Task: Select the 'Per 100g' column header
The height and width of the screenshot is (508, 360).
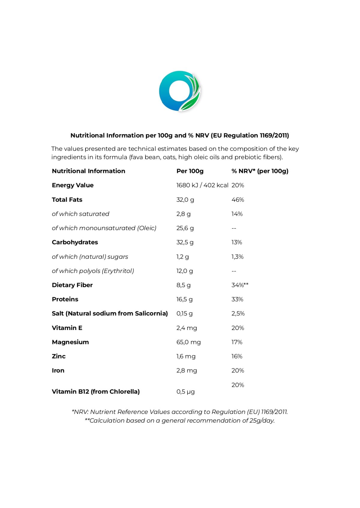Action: pyautogui.click(x=190, y=171)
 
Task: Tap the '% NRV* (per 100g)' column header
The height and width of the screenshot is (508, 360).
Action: pyautogui.click(x=260, y=171)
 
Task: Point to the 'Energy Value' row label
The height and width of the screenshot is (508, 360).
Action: pyautogui.click(x=73, y=185)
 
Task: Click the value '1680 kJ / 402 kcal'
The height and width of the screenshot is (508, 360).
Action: pyautogui.click(x=202, y=185)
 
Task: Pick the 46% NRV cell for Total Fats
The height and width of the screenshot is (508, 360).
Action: pyautogui.click(x=238, y=200)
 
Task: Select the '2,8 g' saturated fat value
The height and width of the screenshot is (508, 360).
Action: pyautogui.click(x=183, y=214)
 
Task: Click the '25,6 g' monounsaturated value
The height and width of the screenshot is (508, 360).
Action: pyautogui.click(x=185, y=228)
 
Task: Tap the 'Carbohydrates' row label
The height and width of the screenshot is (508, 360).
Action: pyautogui.click(x=75, y=242)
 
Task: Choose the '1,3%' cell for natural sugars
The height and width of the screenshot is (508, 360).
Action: pyautogui.click(x=237, y=257)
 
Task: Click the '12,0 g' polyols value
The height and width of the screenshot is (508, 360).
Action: pyautogui.click(x=184, y=271)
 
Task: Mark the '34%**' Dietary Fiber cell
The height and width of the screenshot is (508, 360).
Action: pyautogui.click(x=240, y=285)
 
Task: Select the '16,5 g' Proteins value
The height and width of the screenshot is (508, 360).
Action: pyautogui.click(x=184, y=299)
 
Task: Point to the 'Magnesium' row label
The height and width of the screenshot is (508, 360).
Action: pyautogui.click(x=70, y=342)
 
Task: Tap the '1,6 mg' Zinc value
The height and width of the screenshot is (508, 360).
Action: pyautogui.click(x=186, y=356)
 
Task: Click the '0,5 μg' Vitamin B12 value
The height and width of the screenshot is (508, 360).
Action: pyautogui.click(x=185, y=392)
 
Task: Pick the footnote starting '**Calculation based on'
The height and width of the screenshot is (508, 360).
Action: pyautogui.click(x=180, y=420)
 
